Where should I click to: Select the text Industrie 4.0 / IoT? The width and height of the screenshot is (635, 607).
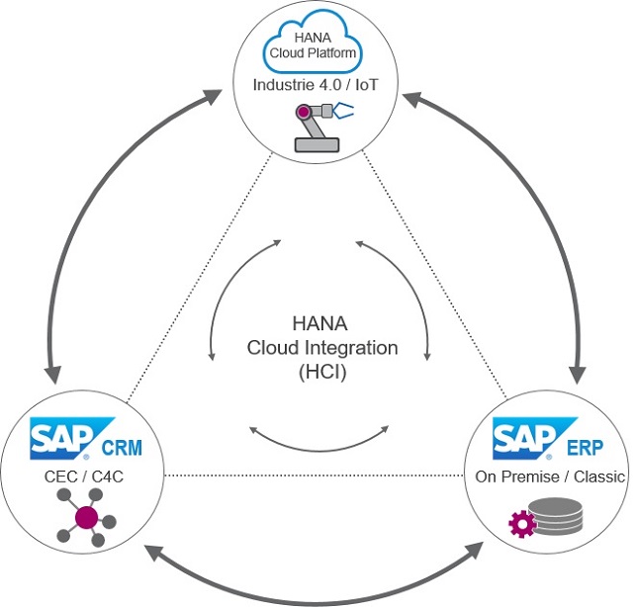coord(317,86)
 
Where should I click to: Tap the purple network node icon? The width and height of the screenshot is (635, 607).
coord(85,518)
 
